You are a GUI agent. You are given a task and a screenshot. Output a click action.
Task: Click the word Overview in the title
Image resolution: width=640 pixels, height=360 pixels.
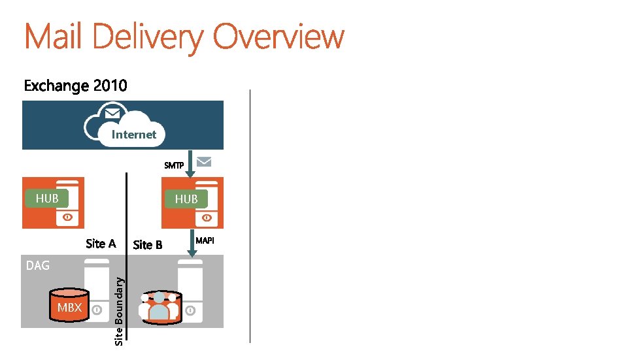tap(278, 37)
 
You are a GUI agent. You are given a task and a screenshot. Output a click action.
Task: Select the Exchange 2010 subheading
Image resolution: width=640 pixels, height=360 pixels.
tap(76, 86)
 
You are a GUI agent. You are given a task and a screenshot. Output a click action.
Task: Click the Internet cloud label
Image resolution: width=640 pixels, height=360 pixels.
tap(134, 135)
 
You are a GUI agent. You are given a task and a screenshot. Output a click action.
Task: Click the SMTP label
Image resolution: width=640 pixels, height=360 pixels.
tap(174, 165)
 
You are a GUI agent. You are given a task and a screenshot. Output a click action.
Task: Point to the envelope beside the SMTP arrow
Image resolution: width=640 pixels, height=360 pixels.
tap(204, 161)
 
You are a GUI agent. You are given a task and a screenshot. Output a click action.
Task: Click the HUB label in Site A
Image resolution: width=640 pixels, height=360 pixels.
tap(47, 198)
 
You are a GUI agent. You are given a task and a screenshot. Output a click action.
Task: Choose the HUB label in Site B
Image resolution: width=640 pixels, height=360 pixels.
tap(186, 199)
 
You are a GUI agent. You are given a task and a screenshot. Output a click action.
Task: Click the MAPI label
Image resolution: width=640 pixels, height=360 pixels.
tap(205, 241)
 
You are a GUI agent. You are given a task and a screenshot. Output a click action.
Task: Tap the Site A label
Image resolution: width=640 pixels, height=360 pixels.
tap(101, 244)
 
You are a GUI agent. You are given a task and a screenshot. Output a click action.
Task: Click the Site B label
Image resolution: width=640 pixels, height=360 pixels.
tap(148, 245)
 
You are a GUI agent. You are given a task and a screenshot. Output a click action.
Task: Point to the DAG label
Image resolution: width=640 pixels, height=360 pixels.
tap(38, 265)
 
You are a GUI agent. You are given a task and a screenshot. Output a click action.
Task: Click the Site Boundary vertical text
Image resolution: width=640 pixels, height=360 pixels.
tap(119, 309)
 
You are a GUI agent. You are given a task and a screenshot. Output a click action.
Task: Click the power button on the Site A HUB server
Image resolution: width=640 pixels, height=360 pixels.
tap(67, 217)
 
